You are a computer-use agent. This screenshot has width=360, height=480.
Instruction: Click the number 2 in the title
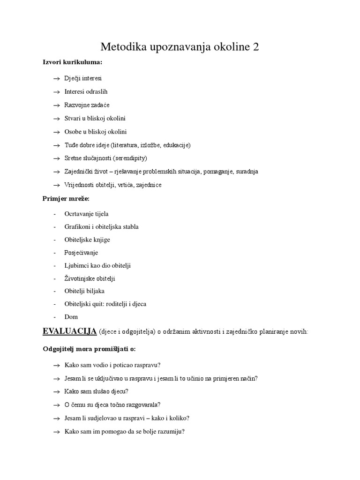255,47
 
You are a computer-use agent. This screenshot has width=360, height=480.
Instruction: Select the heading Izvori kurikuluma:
72,63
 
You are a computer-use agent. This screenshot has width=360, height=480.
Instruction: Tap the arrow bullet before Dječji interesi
57,79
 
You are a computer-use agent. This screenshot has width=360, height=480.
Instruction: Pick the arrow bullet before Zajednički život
57,172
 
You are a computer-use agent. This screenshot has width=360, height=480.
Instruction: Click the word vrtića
122,185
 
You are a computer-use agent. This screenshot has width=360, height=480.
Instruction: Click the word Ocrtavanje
80,214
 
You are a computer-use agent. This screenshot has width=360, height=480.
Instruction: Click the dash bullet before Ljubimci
55,266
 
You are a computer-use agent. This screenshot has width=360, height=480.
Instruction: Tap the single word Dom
71,317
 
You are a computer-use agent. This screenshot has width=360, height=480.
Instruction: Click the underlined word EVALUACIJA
69,331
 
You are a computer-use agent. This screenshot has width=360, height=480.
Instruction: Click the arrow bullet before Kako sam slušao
56,392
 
